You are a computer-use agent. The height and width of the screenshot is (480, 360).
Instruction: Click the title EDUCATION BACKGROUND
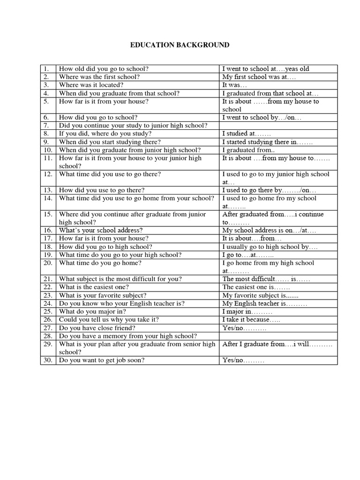(180, 45)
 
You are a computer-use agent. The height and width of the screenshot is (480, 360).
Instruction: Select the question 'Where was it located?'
(91, 85)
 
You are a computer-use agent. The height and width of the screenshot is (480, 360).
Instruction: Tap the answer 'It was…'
(234, 85)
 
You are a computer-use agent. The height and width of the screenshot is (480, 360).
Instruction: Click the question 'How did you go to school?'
(98, 118)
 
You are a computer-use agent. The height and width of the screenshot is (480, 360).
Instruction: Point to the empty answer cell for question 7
(278, 126)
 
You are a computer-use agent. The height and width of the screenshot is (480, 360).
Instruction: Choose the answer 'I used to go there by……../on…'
(270, 190)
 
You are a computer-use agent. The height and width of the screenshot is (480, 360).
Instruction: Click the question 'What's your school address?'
(101, 231)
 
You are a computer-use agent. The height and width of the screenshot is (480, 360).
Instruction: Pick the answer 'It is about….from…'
(249, 239)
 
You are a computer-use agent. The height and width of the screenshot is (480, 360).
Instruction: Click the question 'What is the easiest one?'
(94, 287)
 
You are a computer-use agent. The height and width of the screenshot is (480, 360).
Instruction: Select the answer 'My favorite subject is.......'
(260, 295)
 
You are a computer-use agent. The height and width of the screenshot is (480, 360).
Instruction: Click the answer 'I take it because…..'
(251, 320)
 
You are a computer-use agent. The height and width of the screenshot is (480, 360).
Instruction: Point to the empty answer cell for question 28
(278, 336)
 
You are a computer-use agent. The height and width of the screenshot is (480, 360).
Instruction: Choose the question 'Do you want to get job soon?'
(102, 360)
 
